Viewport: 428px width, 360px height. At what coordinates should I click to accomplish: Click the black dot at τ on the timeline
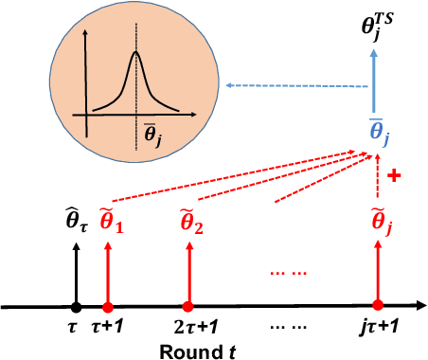[x=75, y=307]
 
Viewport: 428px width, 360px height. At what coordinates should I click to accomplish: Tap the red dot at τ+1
[x=108, y=307]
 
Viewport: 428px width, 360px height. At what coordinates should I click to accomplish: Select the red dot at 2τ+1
[x=187, y=307]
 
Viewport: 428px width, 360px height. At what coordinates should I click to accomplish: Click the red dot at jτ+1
[x=378, y=307]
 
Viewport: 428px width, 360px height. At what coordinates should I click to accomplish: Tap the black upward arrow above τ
[x=75, y=275]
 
